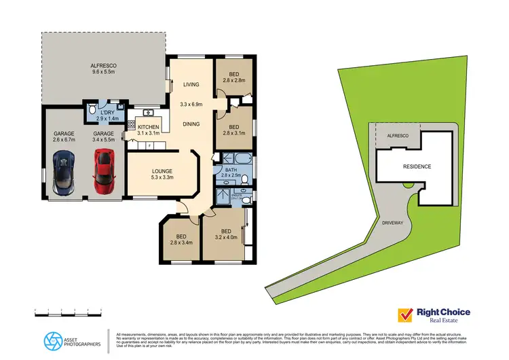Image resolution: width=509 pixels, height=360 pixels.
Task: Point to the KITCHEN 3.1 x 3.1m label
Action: tap(149, 130)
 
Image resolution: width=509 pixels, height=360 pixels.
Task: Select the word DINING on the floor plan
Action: tap(191, 124)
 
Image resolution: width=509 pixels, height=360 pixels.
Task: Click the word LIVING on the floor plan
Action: tap(191, 85)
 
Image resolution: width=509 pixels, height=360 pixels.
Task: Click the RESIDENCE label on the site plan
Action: tap(417, 166)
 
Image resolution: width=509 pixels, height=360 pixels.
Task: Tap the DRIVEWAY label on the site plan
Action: tap(393, 222)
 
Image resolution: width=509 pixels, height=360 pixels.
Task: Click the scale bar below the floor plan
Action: tap(68, 312)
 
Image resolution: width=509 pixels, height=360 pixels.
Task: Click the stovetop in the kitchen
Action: tap(131, 125)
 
